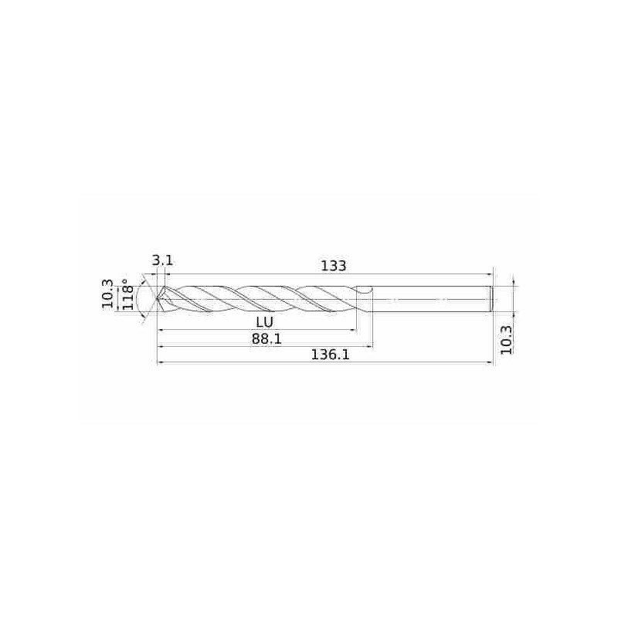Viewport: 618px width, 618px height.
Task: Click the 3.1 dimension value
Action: click(162, 260)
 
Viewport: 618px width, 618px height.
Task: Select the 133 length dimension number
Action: click(334, 266)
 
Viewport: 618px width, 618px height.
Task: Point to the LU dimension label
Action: click(264, 322)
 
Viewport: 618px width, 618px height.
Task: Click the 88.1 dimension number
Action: click(267, 338)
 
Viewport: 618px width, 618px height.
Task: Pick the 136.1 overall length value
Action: click(331, 355)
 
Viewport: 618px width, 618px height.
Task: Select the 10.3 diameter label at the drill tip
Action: click(107, 294)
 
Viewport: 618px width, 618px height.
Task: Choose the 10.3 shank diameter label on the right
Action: click(507, 340)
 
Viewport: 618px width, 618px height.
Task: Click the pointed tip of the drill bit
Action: click(158, 299)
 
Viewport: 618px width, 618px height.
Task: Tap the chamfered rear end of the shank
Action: click(492, 299)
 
